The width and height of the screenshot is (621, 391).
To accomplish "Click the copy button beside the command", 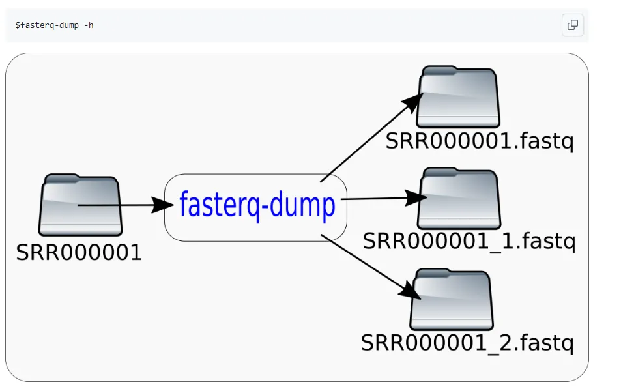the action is click(572, 25).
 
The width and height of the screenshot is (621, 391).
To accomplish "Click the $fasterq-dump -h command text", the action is click(54, 25).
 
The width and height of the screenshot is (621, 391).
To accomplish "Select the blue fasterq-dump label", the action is click(257, 205).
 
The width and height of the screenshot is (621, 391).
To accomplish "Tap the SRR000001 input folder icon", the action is click(80, 205).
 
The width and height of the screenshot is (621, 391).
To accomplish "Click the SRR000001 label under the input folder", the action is click(79, 252).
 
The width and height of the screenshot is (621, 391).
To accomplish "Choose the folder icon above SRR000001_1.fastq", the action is click(459, 199).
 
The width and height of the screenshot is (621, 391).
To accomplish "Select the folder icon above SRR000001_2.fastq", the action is click(452, 300).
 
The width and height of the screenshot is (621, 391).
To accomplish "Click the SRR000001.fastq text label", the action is click(480, 141).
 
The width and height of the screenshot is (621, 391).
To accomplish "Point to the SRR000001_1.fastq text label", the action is click(469, 241).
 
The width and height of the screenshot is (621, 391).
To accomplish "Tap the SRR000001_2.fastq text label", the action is click(467, 343).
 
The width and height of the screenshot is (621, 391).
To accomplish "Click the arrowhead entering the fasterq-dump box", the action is click(163, 205).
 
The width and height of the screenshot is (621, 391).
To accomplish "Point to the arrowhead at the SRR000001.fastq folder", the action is click(412, 103).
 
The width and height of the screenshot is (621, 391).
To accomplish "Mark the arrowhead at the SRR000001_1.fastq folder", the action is click(416, 197).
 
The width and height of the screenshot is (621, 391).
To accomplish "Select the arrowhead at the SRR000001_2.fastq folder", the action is click(410, 291).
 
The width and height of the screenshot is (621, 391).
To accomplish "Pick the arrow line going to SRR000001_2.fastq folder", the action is click(371, 267).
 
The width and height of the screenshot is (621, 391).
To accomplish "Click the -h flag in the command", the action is click(89, 25).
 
